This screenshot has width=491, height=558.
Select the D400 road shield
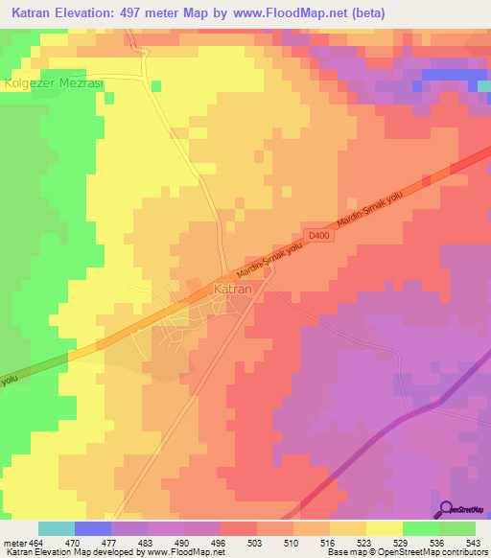(319, 235)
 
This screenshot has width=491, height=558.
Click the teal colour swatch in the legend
(57, 528)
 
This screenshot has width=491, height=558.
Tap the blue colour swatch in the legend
(93, 528)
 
